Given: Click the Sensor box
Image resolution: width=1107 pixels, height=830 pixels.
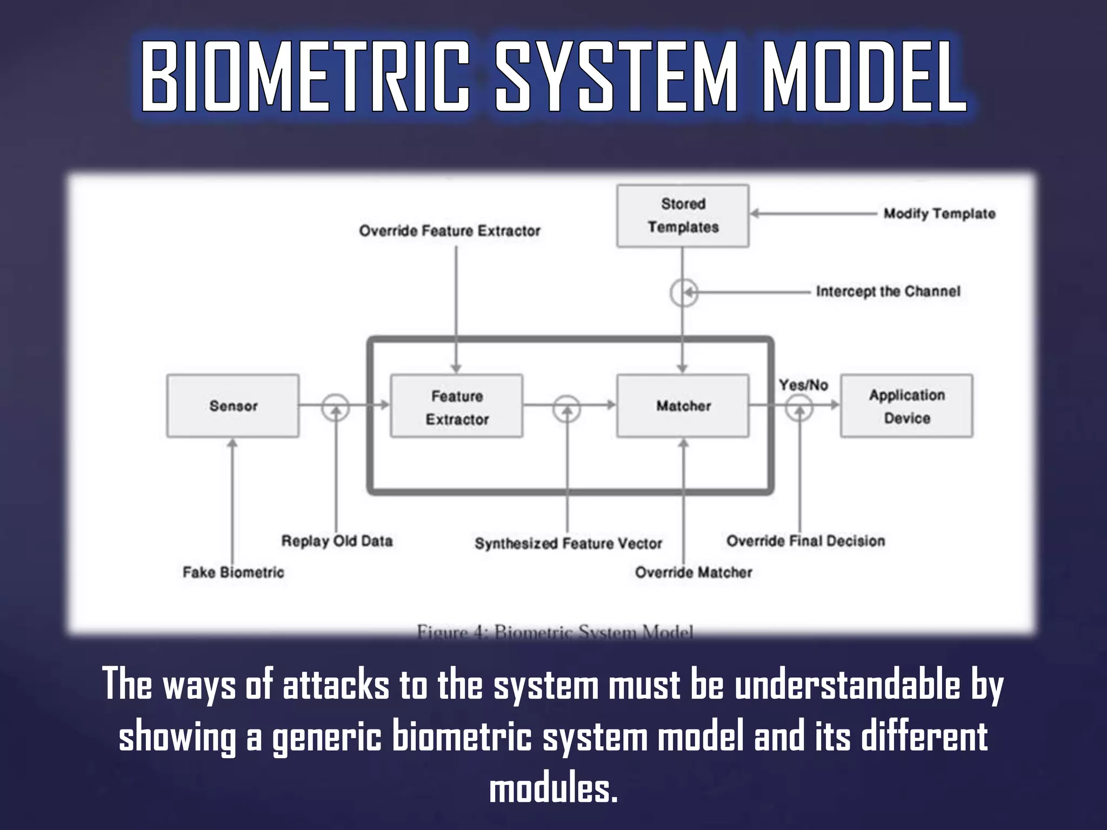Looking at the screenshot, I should coord(233,406).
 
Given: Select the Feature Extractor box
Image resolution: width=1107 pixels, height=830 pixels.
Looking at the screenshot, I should coord(457,406).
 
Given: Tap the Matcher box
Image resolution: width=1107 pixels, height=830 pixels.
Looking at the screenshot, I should coord(683,406).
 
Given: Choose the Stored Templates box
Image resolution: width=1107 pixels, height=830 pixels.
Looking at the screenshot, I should coord(683,216).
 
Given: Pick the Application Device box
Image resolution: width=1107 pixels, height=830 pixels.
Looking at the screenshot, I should coord(906,406).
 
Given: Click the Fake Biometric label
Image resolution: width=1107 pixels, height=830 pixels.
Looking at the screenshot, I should coord(233,572).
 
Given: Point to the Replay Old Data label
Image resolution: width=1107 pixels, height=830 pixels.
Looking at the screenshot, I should coord(337,541).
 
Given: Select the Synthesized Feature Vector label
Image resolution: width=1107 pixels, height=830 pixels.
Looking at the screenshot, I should coord(568,543).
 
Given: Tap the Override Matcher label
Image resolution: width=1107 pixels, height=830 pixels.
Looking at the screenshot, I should coord(693,572).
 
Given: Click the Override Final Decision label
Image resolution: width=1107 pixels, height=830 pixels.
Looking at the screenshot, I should coord(805,541).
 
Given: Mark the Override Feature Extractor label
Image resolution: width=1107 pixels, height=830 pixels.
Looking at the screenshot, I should coord(450,231).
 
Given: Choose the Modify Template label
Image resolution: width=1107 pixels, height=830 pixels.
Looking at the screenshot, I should coord(939,213).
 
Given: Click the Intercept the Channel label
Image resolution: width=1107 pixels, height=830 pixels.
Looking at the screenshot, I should coord(888,291).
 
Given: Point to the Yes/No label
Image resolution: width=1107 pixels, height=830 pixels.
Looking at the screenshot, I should coord(803,385).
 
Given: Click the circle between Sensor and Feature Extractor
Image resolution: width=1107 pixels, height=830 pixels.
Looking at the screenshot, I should coord(336,407).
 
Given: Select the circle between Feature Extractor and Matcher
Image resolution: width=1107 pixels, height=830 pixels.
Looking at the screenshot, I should coord(567,408).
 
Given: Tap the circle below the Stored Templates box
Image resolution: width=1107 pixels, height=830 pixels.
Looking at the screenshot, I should coord(684,293).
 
